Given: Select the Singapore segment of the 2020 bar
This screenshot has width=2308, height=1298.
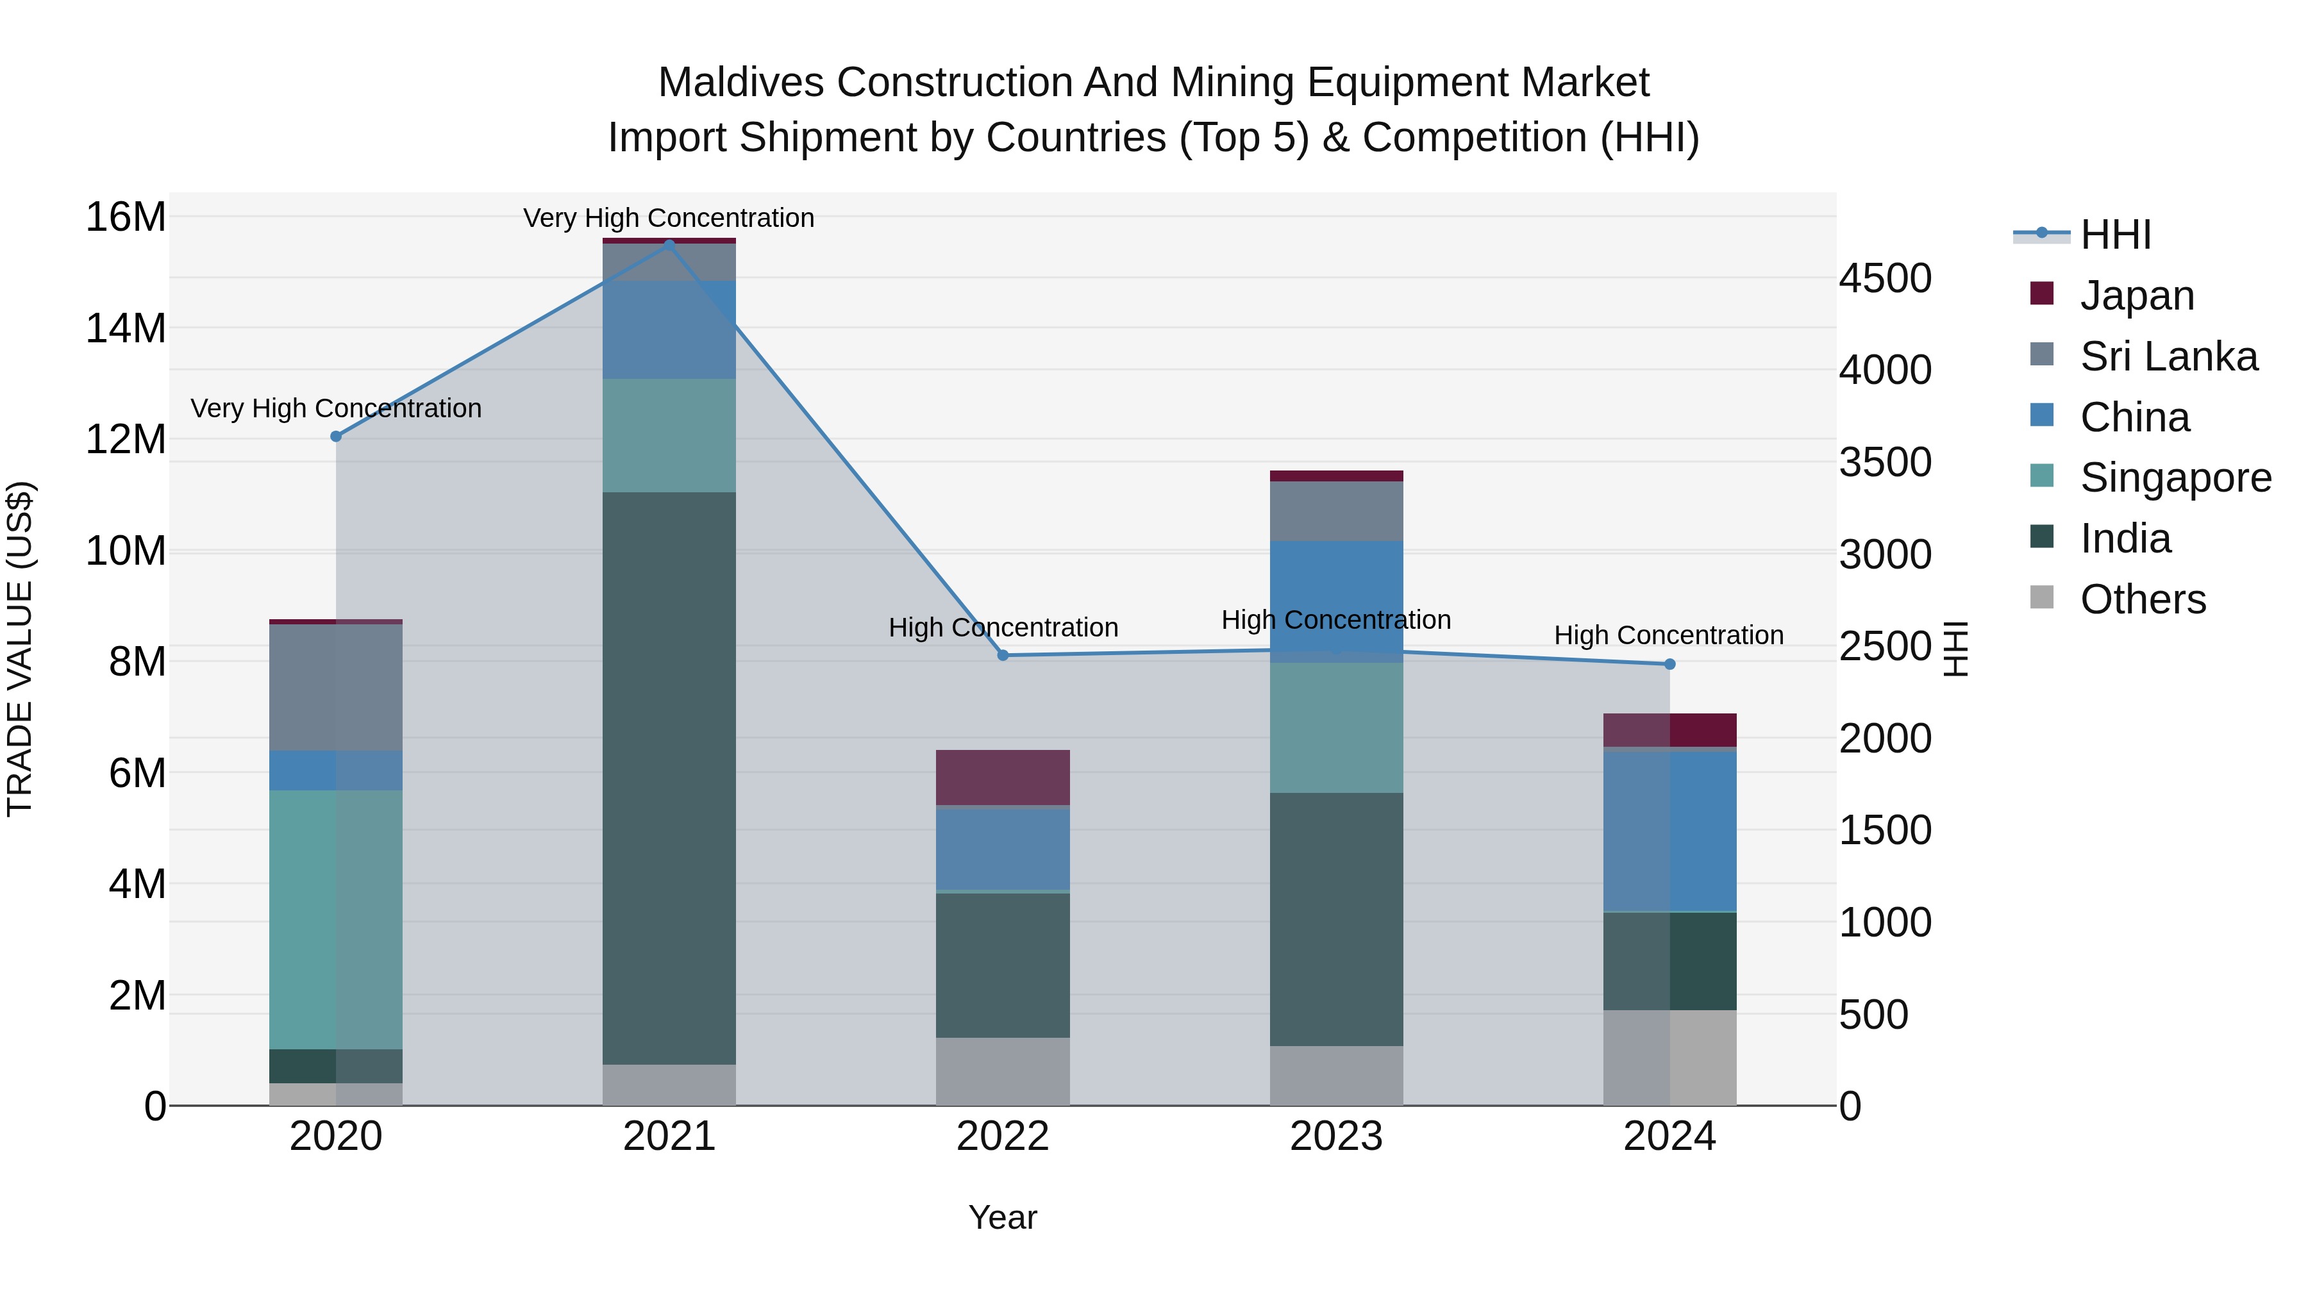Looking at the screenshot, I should tap(336, 919).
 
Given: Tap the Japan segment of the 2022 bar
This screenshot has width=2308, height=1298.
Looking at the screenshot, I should tap(1003, 778).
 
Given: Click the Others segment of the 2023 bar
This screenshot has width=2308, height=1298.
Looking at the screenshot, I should tap(1336, 1075).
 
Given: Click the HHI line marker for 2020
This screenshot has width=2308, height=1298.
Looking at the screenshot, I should tap(336, 437).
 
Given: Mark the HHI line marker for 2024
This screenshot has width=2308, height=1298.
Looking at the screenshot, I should tap(1669, 664).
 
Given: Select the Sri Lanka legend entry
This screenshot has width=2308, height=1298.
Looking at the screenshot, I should tap(2168, 356).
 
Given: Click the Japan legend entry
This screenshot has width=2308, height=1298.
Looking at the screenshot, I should tap(2137, 295).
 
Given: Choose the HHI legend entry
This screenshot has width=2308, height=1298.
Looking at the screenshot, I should tap(2114, 235).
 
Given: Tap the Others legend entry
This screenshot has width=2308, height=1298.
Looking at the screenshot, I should tap(2142, 599).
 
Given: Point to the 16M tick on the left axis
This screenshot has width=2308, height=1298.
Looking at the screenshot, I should tap(126, 217).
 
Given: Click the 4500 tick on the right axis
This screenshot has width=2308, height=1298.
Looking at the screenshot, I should tap(1885, 279).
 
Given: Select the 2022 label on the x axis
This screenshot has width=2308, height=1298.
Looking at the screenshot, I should tap(1003, 1136).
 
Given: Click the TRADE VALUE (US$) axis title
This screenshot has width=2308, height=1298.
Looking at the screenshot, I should tap(20, 649).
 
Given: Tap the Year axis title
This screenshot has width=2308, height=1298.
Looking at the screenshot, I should tap(1003, 1217).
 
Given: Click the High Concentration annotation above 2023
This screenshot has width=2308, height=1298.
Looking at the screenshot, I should tap(1336, 620).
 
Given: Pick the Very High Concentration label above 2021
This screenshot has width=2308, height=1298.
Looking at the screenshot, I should tap(669, 218).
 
